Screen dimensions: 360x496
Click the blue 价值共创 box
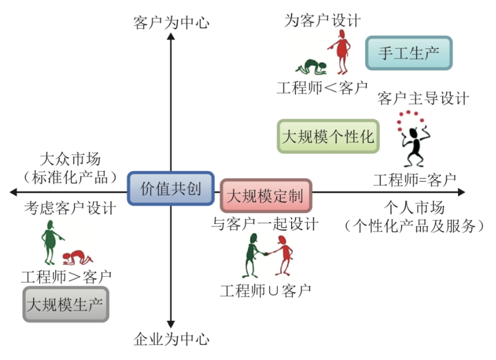[171, 188]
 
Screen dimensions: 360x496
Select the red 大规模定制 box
[266, 195]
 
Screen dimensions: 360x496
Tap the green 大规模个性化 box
[328, 136]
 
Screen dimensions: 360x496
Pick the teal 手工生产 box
[409, 53]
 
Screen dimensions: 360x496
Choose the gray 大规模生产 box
[66, 304]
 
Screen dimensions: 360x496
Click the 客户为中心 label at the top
[171, 23]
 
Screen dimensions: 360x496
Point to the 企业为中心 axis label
[171, 339]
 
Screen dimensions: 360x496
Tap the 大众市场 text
[70, 160]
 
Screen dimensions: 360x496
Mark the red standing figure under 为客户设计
[340, 52]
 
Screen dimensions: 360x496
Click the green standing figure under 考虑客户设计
[51, 241]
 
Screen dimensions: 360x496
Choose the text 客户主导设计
[423, 99]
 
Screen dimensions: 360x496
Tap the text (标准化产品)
[70, 177]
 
